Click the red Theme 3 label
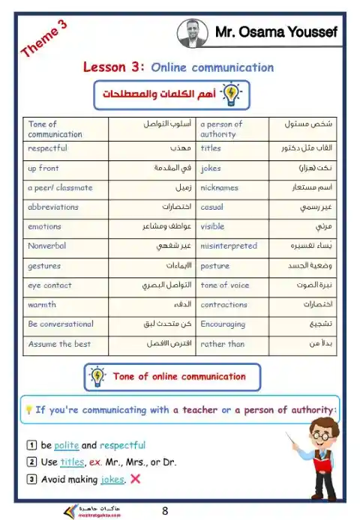coord(44,39)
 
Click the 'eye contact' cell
coord(49,285)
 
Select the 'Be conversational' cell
coord(61,324)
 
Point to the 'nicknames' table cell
coord(219,187)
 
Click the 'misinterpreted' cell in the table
coord(229,246)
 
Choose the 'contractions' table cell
coord(223,304)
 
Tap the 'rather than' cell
coord(223,344)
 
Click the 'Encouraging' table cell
coord(223,324)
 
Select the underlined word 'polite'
coord(66,445)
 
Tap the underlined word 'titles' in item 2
coord(72,462)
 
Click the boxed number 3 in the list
coord(31,480)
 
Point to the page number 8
coord(165,511)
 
